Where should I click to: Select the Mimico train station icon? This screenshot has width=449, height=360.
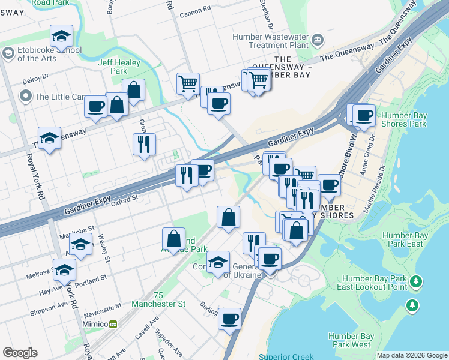tap(112, 324)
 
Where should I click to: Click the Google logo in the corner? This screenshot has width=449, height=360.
tap(20, 353)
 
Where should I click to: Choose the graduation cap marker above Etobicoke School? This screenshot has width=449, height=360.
tap(61, 37)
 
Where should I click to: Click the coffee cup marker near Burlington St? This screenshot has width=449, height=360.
tap(229, 319)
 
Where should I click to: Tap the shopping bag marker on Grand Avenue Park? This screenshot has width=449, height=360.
tap(173, 238)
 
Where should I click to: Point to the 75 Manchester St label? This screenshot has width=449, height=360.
tap(168, 300)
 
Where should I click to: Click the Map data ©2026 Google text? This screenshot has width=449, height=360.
tap(411, 355)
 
